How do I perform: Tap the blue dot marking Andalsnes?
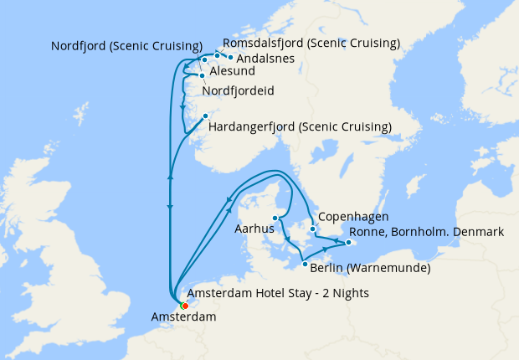tap(231, 58)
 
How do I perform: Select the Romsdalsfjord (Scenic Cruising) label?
tap(311, 43)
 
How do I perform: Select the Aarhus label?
tap(254, 229)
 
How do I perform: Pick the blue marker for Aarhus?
tap(275, 219)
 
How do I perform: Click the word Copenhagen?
tap(354, 215)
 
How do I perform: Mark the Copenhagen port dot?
tap(312, 229)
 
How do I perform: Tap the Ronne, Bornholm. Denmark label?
tap(426, 232)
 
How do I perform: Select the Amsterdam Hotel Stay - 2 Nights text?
tap(278, 293)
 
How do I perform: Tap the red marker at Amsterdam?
tap(184, 306)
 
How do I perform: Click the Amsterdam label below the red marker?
tap(183, 317)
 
